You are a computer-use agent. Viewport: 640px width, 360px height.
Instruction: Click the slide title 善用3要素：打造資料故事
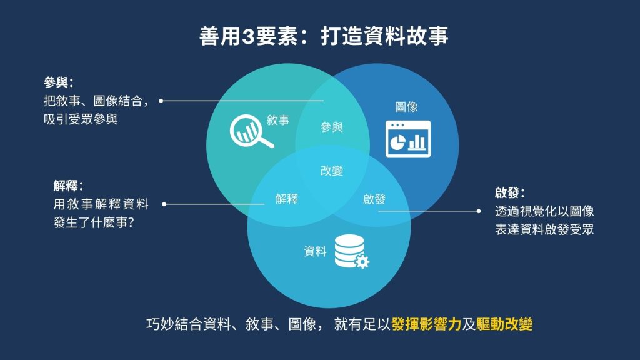[x=324, y=36]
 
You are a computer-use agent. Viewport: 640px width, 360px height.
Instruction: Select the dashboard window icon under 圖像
[x=407, y=139]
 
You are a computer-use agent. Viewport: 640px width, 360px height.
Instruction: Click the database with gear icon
[x=351, y=251]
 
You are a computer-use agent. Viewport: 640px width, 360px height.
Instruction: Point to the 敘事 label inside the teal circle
[x=278, y=120]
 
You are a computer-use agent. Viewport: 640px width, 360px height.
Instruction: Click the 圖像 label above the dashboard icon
[x=406, y=107]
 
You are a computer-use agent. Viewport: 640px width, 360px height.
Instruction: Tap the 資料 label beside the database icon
[x=315, y=251]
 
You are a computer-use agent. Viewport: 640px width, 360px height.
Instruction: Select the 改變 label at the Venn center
[x=331, y=171]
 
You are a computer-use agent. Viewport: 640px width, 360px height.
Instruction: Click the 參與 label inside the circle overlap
[x=331, y=127]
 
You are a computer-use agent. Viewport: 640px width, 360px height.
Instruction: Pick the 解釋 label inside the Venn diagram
[x=286, y=199]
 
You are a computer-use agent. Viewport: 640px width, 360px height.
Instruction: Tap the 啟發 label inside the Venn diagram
[x=374, y=199]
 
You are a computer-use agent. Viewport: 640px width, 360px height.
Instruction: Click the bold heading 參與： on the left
[x=59, y=82]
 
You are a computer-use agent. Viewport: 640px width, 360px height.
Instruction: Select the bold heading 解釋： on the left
[x=69, y=186]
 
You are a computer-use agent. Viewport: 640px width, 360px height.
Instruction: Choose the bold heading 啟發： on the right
[x=510, y=192]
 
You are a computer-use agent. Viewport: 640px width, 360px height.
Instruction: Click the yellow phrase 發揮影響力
[x=426, y=324]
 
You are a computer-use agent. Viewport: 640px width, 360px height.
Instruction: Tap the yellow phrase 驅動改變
[x=504, y=324]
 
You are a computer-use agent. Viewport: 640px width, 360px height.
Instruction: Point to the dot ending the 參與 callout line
[x=161, y=101]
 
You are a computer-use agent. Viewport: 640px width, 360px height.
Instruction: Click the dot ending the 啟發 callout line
[x=479, y=211]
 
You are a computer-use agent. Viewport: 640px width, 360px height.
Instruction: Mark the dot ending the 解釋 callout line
[x=164, y=204]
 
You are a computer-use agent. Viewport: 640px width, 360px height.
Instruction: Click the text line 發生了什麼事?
[x=94, y=223]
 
